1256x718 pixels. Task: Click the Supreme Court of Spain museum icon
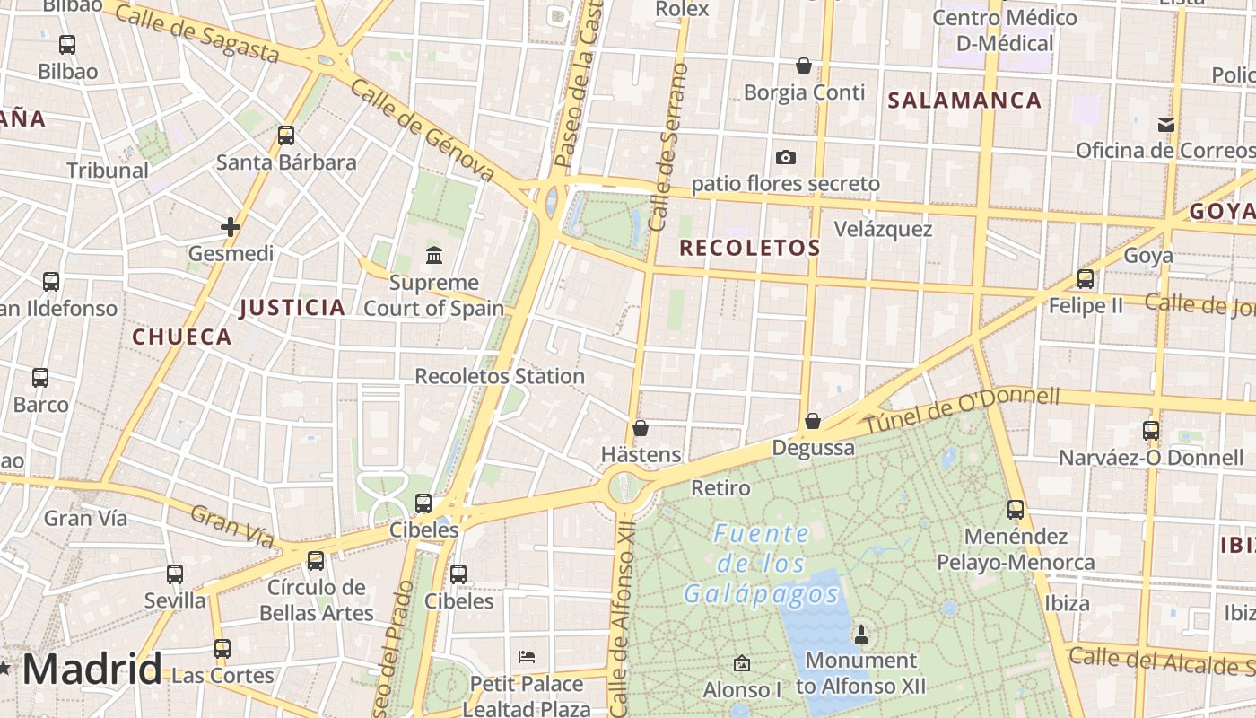(x=434, y=256)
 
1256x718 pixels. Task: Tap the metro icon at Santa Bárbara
(x=286, y=136)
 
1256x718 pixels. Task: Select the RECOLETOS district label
(x=750, y=248)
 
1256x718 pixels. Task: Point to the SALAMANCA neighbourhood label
(x=964, y=101)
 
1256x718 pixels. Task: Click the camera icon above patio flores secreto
(x=786, y=157)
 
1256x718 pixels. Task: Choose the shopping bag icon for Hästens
(x=640, y=428)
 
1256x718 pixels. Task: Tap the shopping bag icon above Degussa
(x=812, y=420)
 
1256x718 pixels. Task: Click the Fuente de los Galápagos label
(x=761, y=564)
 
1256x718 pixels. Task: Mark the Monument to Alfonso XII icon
(x=861, y=635)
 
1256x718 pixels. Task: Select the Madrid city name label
(x=92, y=670)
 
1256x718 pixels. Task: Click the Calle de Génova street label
(x=422, y=129)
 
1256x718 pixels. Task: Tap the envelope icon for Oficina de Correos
(x=1165, y=124)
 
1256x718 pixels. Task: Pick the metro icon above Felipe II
(x=1086, y=279)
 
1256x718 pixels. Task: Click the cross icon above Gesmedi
(x=231, y=227)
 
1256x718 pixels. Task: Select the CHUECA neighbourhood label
(x=182, y=337)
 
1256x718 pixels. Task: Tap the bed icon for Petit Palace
(x=527, y=657)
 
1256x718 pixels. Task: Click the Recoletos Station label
(x=500, y=376)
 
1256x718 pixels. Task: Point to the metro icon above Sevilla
(x=175, y=574)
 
